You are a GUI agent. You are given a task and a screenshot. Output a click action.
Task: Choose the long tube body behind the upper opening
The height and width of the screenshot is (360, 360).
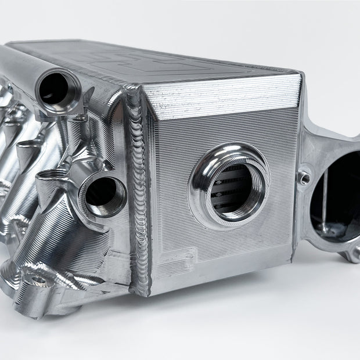click(x=23, y=64)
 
